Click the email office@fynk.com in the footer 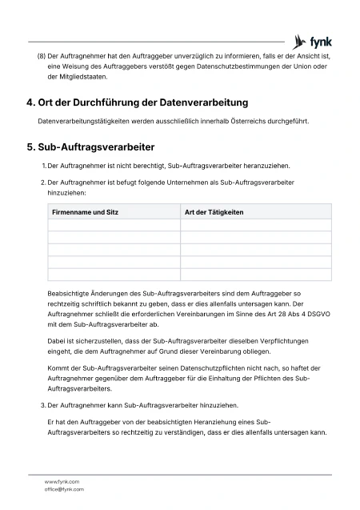pos(64,489)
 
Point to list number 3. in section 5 pos(43,406)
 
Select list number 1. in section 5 pos(43,166)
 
